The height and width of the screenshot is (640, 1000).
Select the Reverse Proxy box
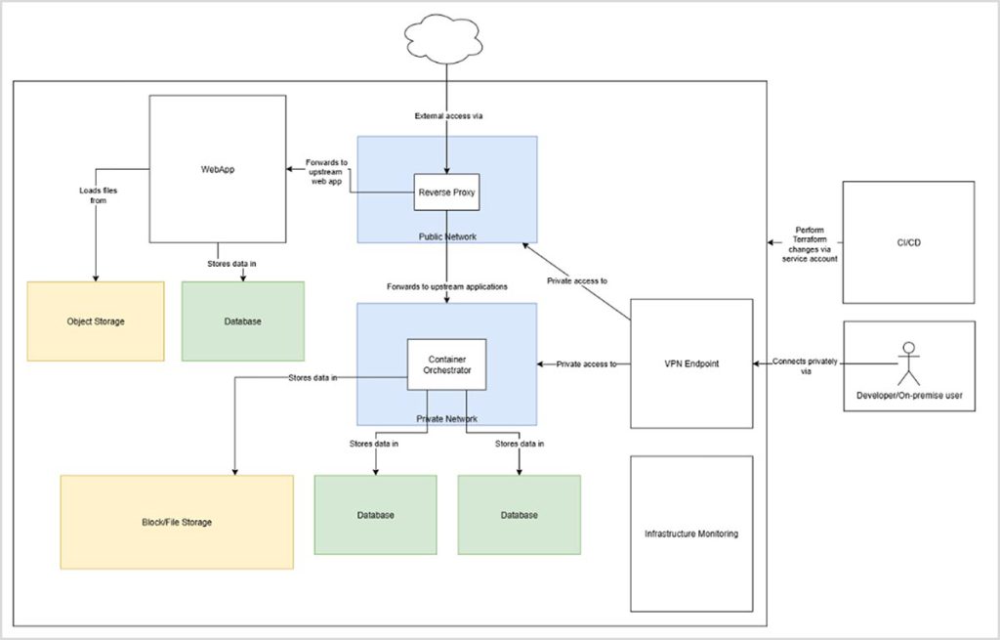pyautogui.click(x=445, y=193)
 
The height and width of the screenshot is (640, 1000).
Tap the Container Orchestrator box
pyautogui.click(x=445, y=364)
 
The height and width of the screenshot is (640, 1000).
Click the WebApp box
pyautogui.click(x=217, y=168)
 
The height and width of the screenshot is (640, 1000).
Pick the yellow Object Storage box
pyautogui.click(x=95, y=321)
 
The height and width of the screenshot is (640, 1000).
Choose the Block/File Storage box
pyautogui.click(x=176, y=523)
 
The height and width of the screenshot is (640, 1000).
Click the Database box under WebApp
pyautogui.click(x=243, y=321)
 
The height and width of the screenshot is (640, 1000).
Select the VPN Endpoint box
pyautogui.click(x=691, y=363)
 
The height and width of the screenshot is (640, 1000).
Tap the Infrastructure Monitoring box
pyautogui.click(x=691, y=534)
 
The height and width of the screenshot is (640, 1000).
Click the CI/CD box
pyautogui.click(x=908, y=241)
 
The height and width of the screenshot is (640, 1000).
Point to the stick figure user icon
pyautogui.click(x=909, y=363)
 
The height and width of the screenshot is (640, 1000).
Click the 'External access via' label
pyautogui.click(x=447, y=116)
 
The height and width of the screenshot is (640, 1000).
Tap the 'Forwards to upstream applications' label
pyautogui.click(x=446, y=286)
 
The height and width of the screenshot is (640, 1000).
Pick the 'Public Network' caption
pyautogui.click(x=446, y=235)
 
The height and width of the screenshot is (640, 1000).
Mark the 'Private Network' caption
pyautogui.click(x=446, y=417)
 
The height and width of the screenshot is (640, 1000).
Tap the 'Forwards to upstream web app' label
pyautogui.click(x=326, y=172)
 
